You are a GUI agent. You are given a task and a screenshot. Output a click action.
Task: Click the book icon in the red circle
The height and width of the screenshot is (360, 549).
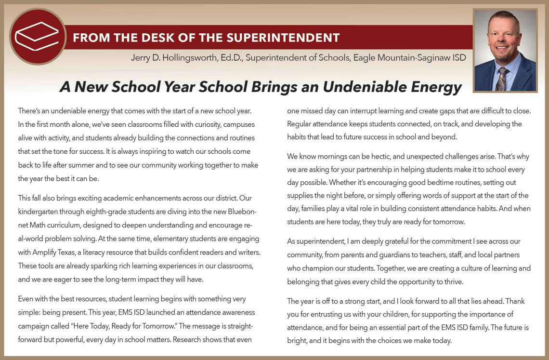(x=37, y=37)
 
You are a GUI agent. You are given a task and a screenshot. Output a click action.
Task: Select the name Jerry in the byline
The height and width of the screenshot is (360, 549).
(x=141, y=58)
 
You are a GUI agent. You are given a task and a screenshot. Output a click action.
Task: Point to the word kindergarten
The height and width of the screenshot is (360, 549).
(x=38, y=212)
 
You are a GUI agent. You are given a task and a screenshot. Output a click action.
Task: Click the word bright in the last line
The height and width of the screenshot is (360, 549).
(x=297, y=341)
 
